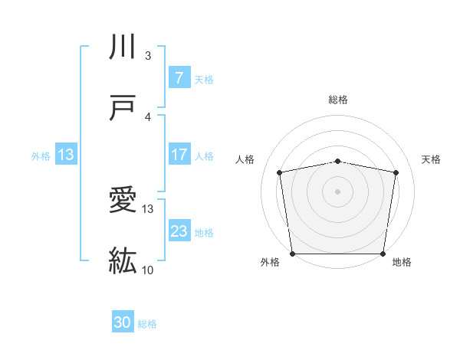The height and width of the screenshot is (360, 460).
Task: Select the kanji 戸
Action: click(123, 108)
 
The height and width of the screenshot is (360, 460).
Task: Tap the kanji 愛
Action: click(123, 201)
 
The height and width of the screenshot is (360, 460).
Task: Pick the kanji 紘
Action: click(123, 260)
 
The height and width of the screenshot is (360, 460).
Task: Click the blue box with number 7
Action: click(179, 77)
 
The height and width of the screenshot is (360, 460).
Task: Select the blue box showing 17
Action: click(179, 155)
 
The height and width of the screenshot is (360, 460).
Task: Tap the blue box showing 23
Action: click(179, 231)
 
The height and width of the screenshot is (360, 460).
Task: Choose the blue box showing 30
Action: click(123, 322)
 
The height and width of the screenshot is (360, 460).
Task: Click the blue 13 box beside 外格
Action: click(66, 155)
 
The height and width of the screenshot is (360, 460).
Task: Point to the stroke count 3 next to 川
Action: click(148, 56)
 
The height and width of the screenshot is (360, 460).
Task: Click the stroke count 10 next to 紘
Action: click(148, 270)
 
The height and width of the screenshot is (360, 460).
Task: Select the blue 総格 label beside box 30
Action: click(147, 324)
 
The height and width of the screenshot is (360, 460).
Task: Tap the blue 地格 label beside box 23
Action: click(204, 232)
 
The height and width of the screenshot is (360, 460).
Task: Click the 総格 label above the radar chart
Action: click(338, 100)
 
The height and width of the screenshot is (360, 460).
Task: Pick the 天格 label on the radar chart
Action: click(431, 159)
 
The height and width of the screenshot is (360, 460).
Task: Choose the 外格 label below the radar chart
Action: click(270, 262)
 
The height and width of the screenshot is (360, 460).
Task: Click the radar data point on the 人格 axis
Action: click(280, 172)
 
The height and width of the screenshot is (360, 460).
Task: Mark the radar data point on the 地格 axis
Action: click(383, 254)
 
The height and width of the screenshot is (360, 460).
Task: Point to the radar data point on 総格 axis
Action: click(338, 161)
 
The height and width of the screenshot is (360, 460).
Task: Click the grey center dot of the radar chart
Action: click(338, 191)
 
